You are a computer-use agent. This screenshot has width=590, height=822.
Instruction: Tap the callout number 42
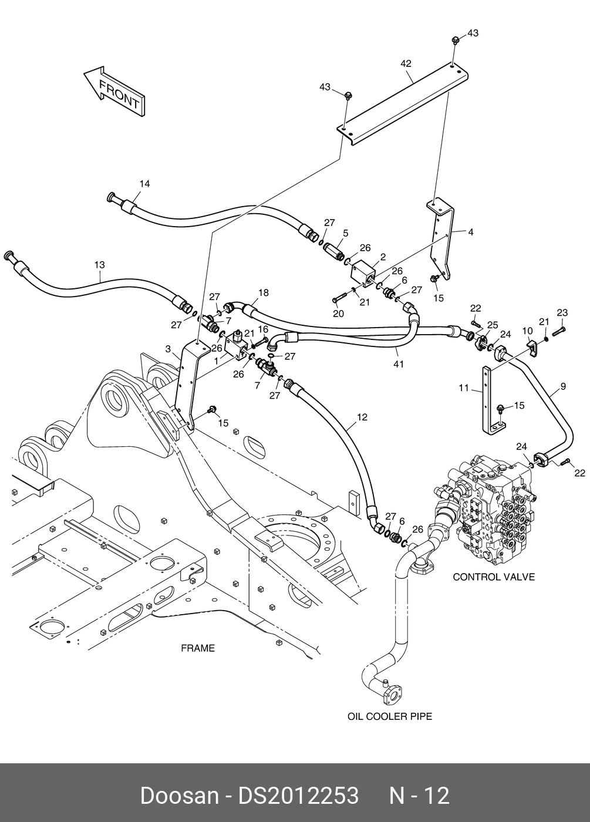point(406,63)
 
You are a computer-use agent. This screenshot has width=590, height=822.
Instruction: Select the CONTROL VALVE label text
point(494,577)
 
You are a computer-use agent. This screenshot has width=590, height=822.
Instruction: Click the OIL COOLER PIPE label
point(389,716)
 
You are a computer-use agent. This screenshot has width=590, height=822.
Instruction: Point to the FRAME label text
point(197,648)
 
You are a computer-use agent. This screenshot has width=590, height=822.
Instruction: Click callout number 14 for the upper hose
point(144,184)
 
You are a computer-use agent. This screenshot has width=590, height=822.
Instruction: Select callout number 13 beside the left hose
point(100,265)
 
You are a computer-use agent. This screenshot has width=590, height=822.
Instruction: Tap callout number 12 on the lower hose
point(362,417)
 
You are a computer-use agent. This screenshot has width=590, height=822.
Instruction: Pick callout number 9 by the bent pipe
point(563,386)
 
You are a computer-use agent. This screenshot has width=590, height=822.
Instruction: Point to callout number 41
point(399,365)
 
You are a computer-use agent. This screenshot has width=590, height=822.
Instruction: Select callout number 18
point(263,292)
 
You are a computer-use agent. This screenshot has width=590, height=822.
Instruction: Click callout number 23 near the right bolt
point(562,312)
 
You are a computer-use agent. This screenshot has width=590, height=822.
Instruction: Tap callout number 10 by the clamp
point(527,331)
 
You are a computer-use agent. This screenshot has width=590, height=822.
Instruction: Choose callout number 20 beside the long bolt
point(338,314)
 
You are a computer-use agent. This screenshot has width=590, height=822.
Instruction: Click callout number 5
point(345,233)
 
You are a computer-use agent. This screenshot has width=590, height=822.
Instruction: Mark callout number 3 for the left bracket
point(168,349)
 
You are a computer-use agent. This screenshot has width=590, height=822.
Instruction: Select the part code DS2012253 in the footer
point(298,796)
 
